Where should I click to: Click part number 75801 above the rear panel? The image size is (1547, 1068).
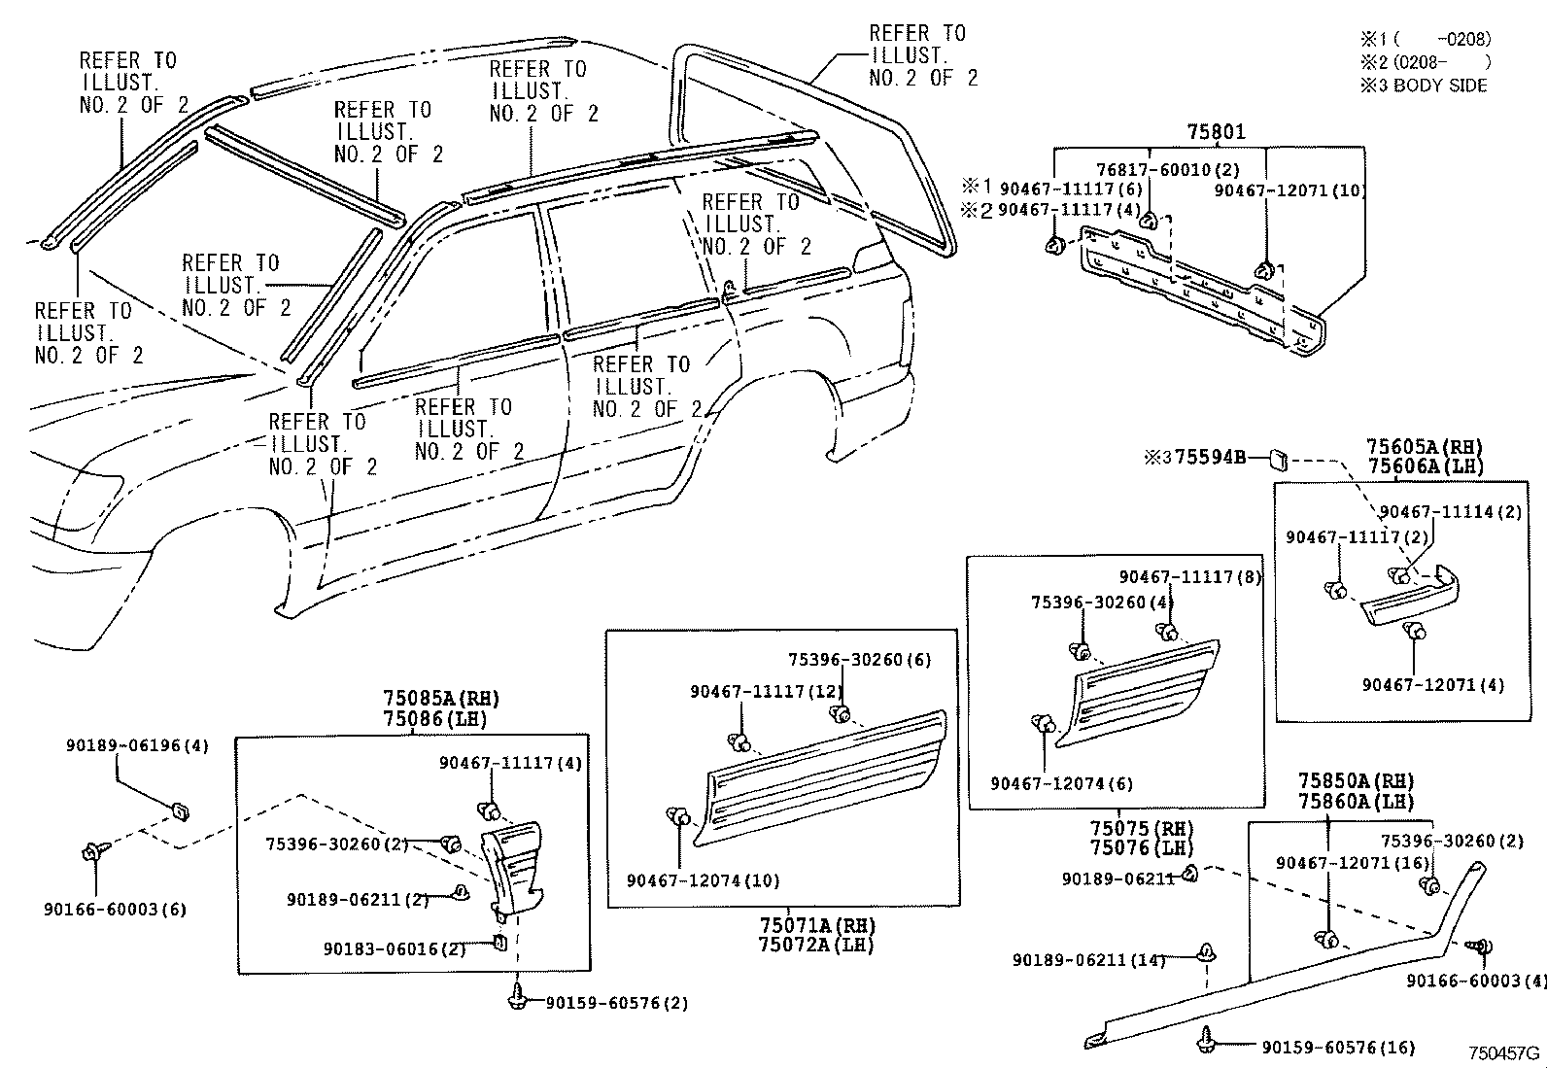click(x=1216, y=131)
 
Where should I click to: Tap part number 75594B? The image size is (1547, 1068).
click(x=1210, y=457)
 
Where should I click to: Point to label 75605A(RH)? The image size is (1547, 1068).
click(x=1425, y=447)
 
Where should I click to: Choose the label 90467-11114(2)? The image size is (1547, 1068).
click(x=1451, y=512)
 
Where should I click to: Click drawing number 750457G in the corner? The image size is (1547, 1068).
click(x=1503, y=1052)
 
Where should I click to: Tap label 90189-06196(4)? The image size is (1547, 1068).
click(x=137, y=746)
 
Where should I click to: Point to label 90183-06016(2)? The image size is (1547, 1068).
click(x=395, y=949)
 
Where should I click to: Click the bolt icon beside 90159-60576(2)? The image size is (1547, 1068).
click(x=518, y=995)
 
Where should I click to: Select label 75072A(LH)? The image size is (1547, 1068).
click(x=816, y=945)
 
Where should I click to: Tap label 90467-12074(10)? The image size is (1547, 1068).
click(x=703, y=881)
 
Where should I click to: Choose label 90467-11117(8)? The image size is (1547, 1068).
click(x=1189, y=577)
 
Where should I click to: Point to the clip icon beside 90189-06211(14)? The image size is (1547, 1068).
click(x=1208, y=954)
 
